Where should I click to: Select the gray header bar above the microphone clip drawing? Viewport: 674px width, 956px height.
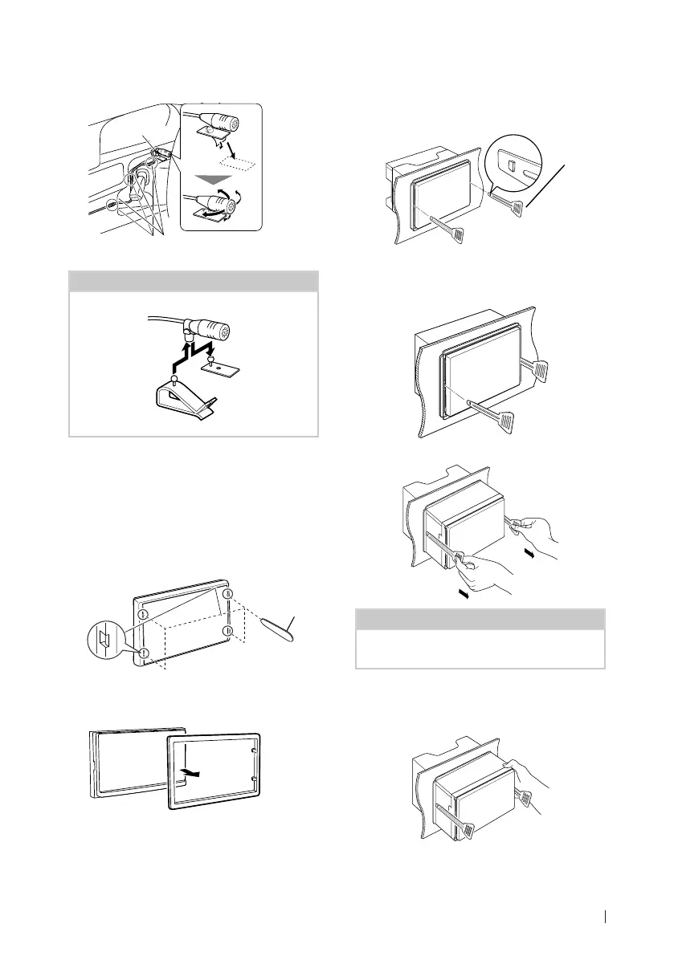[193, 283]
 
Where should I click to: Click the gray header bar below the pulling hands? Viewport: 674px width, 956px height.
[480, 619]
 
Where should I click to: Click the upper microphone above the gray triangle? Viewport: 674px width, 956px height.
[222, 124]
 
